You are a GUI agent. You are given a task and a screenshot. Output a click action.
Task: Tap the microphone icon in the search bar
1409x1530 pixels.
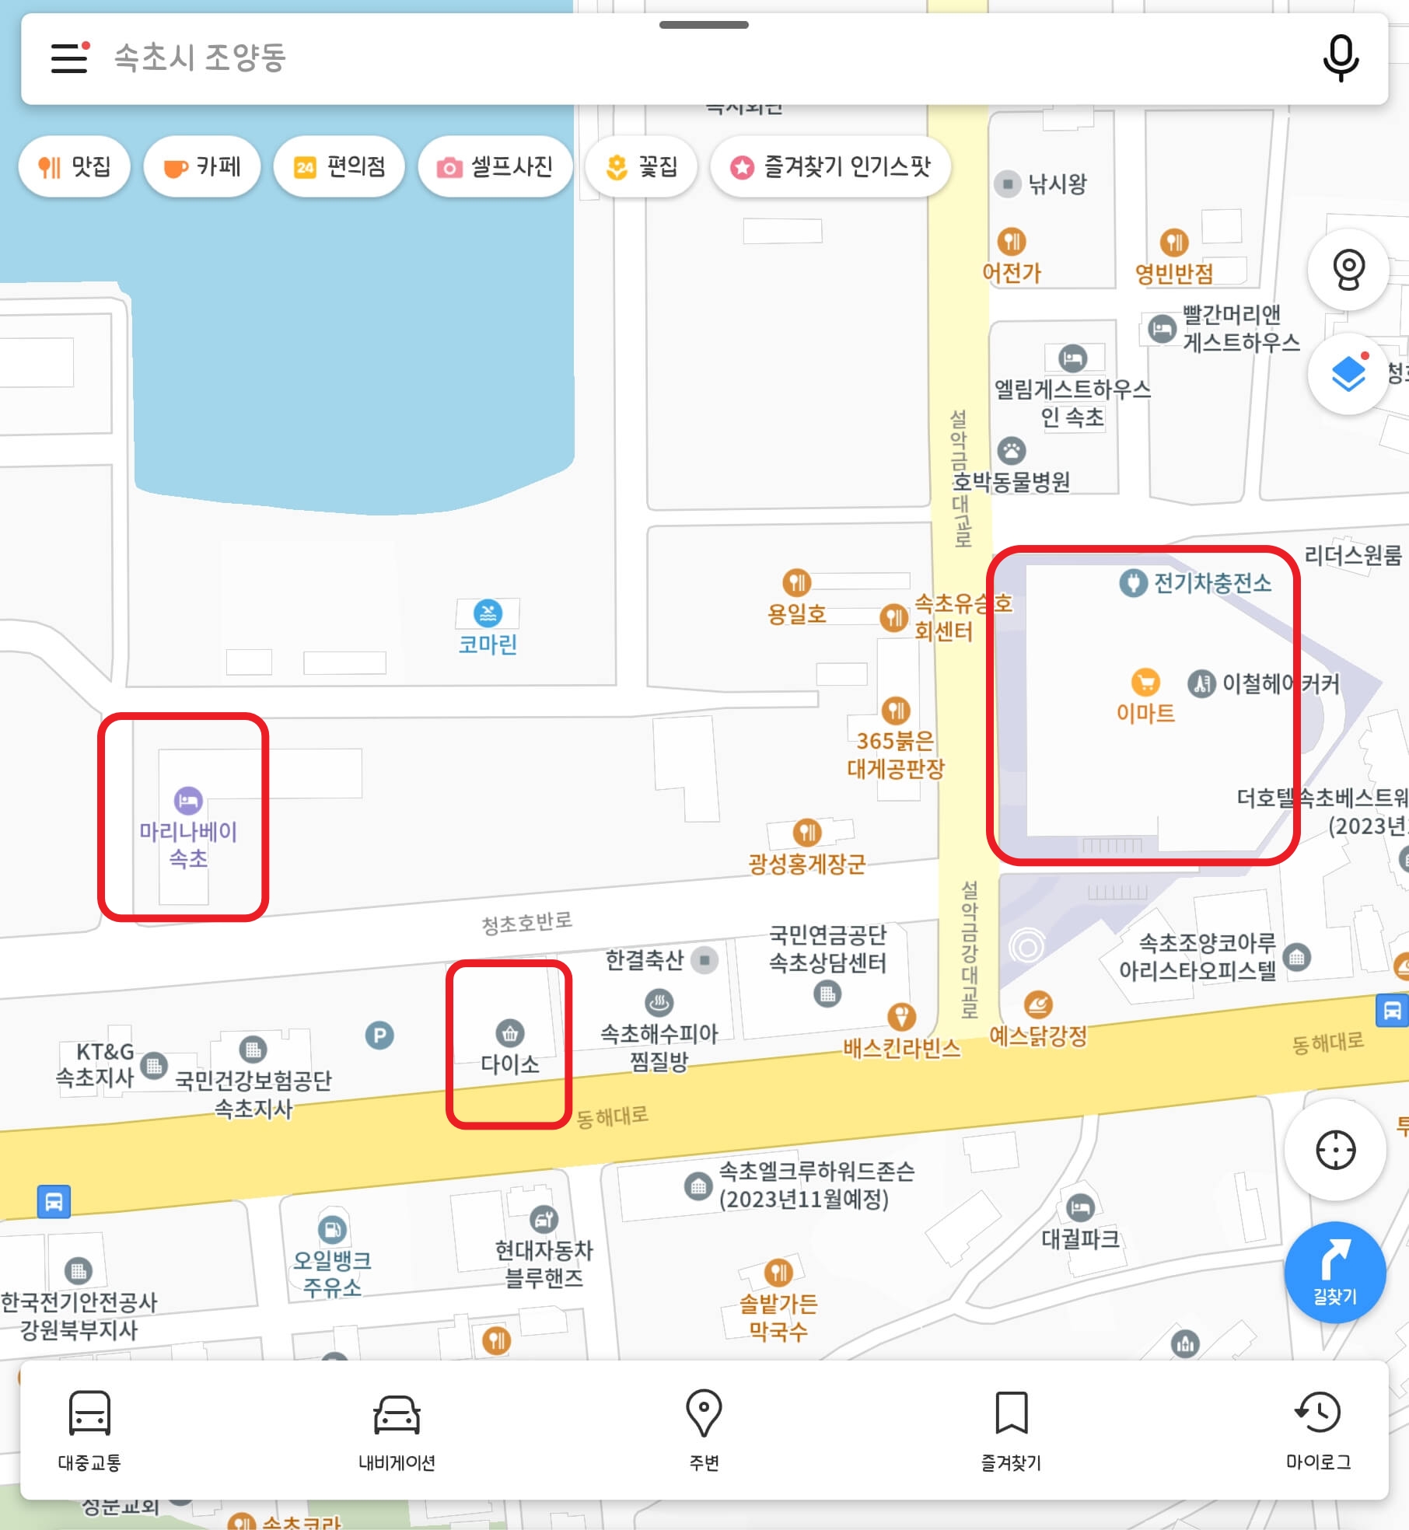pyautogui.click(x=1341, y=58)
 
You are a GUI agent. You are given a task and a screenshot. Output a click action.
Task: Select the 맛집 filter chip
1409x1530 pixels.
pyautogui.click(x=75, y=166)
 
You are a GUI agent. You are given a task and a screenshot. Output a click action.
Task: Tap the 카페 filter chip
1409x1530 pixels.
pyautogui.click(x=202, y=166)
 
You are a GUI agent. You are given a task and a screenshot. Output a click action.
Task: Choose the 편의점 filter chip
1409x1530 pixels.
pyautogui.click(x=339, y=166)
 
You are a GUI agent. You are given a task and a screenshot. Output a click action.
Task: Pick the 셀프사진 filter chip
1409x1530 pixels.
pyautogui.click(x=495, y=166)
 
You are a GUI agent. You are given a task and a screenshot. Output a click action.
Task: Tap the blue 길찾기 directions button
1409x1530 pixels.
pyautogui.click(x=1334, y=1272)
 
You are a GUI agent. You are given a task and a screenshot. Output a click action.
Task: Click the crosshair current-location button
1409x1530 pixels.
pyautogui.click(x=1335, y=1150)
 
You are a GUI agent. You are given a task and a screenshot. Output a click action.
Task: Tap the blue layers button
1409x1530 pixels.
pyautogui.click(x=1348, y=374)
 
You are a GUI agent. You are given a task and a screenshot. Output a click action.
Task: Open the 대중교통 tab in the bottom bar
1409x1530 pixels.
pyautogui.click(x=89, y=1430)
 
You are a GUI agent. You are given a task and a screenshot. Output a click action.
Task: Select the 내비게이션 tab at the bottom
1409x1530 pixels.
pyautogui.click(x=397, y=1430)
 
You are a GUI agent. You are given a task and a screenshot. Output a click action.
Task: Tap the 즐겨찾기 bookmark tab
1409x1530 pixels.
pyautogui.click(x=1011, y=1430)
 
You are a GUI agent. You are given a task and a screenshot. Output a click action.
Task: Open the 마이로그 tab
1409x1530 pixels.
pyautogui.click(x=1318, y=1430)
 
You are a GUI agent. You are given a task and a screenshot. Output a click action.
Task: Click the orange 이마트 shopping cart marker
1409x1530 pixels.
pyautogui.click(x=1145, y=683)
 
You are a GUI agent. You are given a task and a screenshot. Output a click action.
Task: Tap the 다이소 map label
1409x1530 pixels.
pyautogui.click(x=509, y=1064)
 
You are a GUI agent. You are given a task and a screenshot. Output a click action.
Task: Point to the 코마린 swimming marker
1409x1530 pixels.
pyautogui.click(x=488, y=613)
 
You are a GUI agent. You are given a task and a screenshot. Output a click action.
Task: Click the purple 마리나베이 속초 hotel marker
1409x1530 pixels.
pyautogui.click(x=188, y=801)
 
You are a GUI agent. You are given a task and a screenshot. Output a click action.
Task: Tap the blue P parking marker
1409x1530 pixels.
pyautogui.click(x=379, y=1036)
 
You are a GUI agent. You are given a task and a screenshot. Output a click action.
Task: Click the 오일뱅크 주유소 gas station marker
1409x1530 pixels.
pyautogui.click(x=332, y=1229)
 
